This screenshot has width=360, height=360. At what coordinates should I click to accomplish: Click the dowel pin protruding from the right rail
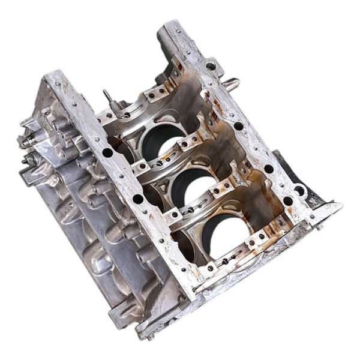pos(230,83)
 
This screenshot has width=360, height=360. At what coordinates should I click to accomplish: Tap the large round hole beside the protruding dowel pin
pos(211,67)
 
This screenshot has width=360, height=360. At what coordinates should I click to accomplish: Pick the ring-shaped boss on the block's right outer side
pos(299,191)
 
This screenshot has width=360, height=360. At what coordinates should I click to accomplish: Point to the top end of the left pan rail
pos(53,76)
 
